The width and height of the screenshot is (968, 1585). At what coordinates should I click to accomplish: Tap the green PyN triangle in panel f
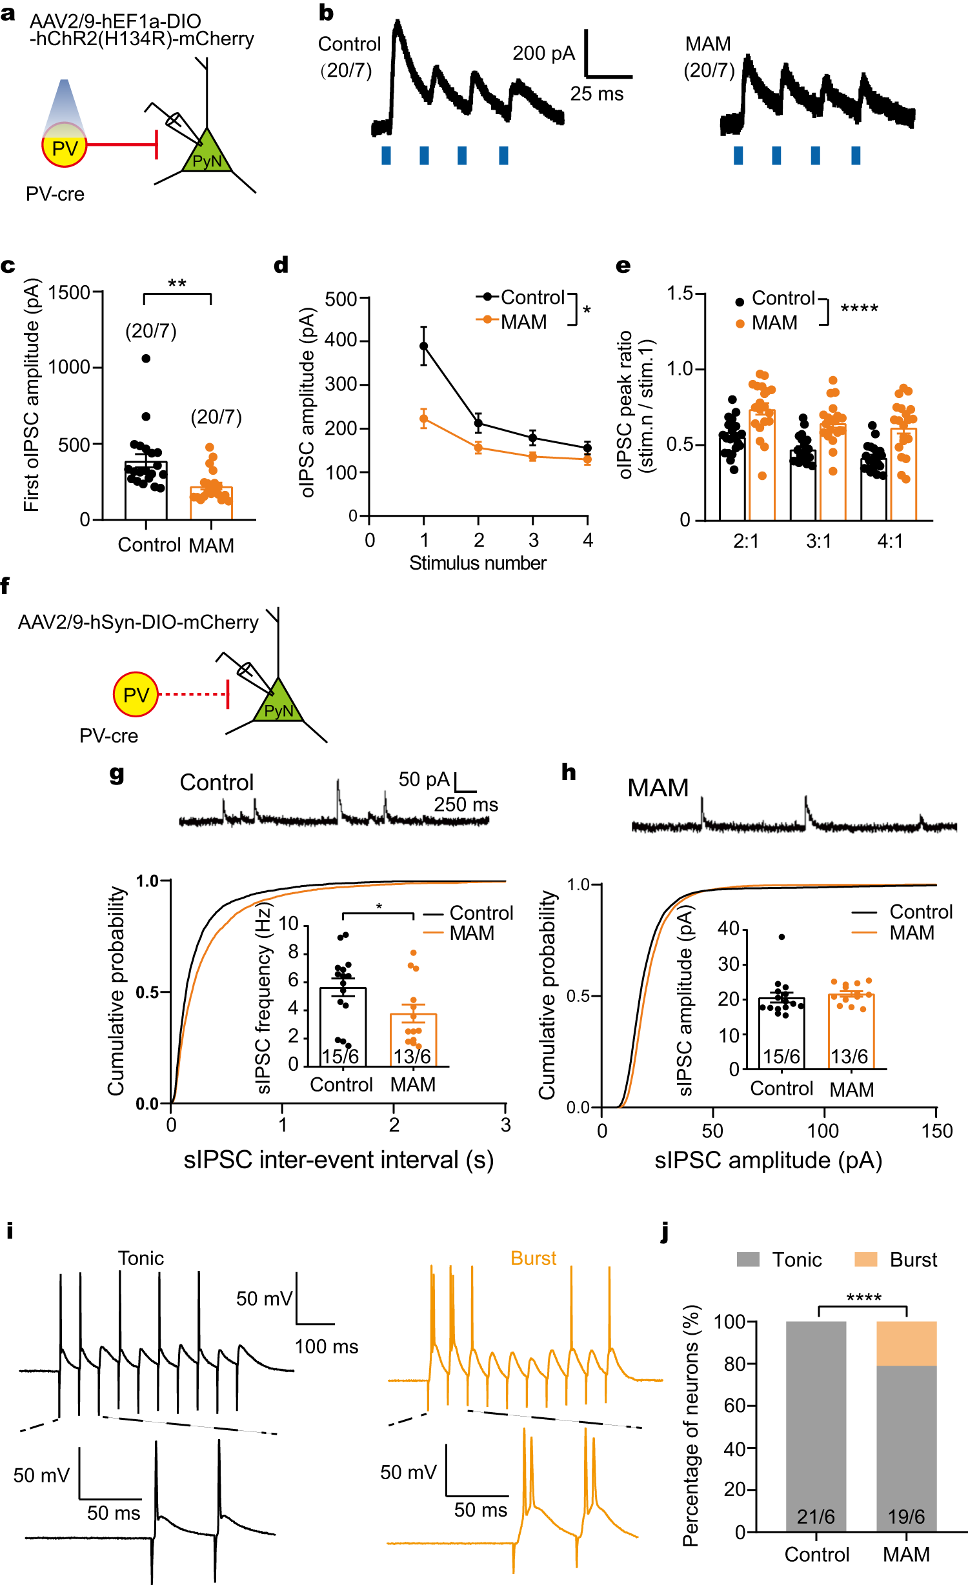(x=279, y=705)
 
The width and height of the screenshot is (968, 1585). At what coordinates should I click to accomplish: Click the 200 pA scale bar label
(x=543, y=54)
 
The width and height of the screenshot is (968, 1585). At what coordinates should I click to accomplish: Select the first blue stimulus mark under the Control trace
(x=386, y=155)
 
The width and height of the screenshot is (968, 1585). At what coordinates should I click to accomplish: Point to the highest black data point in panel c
(x=146, y=359)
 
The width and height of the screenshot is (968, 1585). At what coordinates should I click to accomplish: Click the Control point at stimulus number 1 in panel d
(x=424, y=346)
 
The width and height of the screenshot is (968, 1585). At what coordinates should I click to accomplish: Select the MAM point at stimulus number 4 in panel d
(x=587, y=459)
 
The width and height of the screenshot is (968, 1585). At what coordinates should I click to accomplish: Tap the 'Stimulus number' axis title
(x=478, y=563)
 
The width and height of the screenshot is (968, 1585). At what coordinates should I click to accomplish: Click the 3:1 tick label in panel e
(x=818, y=541)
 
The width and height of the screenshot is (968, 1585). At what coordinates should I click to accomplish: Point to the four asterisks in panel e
(x=859, y=309)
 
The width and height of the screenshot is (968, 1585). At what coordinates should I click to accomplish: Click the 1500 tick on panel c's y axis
(x=69, y=293)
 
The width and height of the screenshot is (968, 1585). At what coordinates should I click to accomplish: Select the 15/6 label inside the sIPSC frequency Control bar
(x=341, y=1056)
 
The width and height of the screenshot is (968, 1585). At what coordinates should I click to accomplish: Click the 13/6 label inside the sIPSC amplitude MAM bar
(x=849, y=1057)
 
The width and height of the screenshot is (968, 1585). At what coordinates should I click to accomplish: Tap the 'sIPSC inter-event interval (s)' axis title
(x=338, y=1160)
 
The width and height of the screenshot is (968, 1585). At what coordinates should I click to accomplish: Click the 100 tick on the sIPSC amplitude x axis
(x=823, y=1131)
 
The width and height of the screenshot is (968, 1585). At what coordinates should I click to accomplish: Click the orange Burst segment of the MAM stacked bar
(x=906, y=1343)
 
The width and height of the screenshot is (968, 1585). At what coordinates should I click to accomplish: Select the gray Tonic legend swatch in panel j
(x=748, y=1259)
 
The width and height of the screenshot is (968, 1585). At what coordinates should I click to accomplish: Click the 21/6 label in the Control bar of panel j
(x=816, y=1517)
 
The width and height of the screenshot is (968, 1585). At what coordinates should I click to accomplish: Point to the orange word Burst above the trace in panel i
(x=533, y=1258)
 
